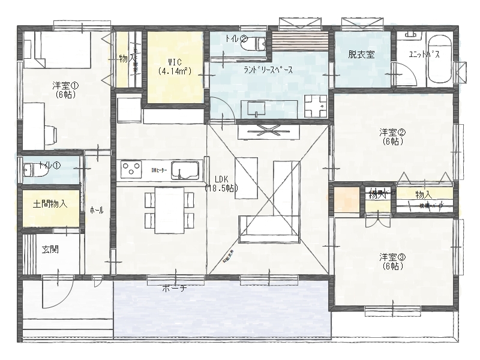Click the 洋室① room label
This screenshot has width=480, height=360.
pyautogui.click(x=63, y=90)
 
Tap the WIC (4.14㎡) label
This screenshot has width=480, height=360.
pyautogui.click(x=175, y=66)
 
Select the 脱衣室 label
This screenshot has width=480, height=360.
pyautogui.click(x=361, y=55)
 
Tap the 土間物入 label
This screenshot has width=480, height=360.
pyautogui.click(x=50, y=205)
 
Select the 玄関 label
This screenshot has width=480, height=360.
pyautogui.click(x=50, y=250)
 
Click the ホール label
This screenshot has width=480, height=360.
pyautogui.click(x=96, y=211)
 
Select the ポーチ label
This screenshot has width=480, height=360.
pyautogui.click(x=175, y=288)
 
